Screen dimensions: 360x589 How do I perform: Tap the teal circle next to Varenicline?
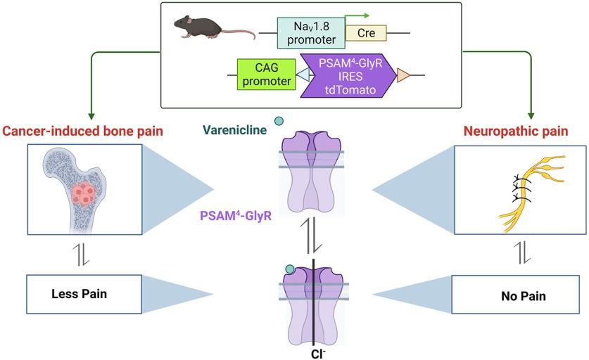[x=279, y=122]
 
